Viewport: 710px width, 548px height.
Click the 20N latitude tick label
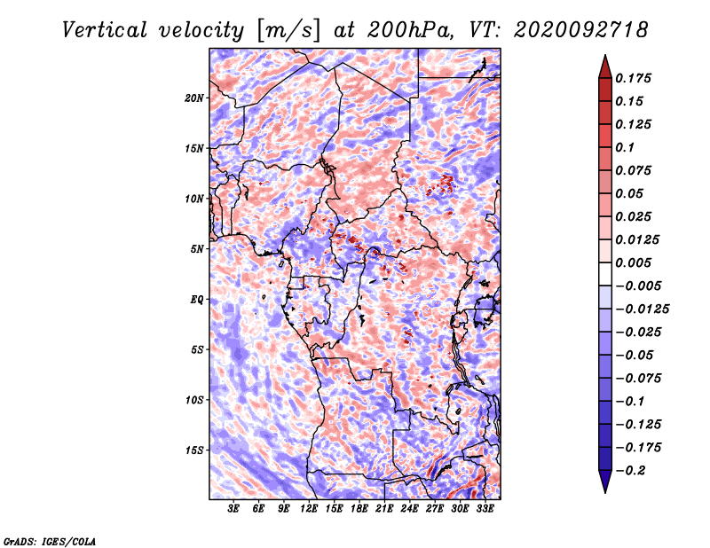click(x=194, y=98)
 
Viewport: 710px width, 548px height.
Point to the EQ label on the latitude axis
click(x=197, y=300)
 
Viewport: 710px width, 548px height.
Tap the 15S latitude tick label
click(x=194, y=450)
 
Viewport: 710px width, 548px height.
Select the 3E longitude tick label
click(x=233, y=508)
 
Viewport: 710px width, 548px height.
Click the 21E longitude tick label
click(x=384, y=508)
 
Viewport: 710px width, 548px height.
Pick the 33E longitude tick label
click(x=485, y=508)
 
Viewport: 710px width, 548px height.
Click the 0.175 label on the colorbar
click(x=634, y=78)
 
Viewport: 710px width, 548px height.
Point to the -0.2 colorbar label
click(x=630, y=471)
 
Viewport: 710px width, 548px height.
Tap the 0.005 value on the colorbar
click(x=634, y=262)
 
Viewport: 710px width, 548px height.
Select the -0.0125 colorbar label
click(x=642, y=309)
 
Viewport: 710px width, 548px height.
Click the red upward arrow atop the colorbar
click(x=605, y=67)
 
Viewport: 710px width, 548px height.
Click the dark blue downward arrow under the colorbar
click(x=605, y=481)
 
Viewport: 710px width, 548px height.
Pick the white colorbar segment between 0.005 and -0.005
click(x=605, y=274)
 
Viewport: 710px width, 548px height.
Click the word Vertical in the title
click(x=105, y=30)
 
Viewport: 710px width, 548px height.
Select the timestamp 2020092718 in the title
click(x=580, y=30)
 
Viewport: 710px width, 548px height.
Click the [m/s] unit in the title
click(x=288, y=31)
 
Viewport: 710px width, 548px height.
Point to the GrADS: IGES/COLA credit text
click(x=50, y=541)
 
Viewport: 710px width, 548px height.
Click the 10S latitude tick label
click(x=194, y=400)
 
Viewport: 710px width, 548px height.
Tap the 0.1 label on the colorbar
click(x=625, y=147)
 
